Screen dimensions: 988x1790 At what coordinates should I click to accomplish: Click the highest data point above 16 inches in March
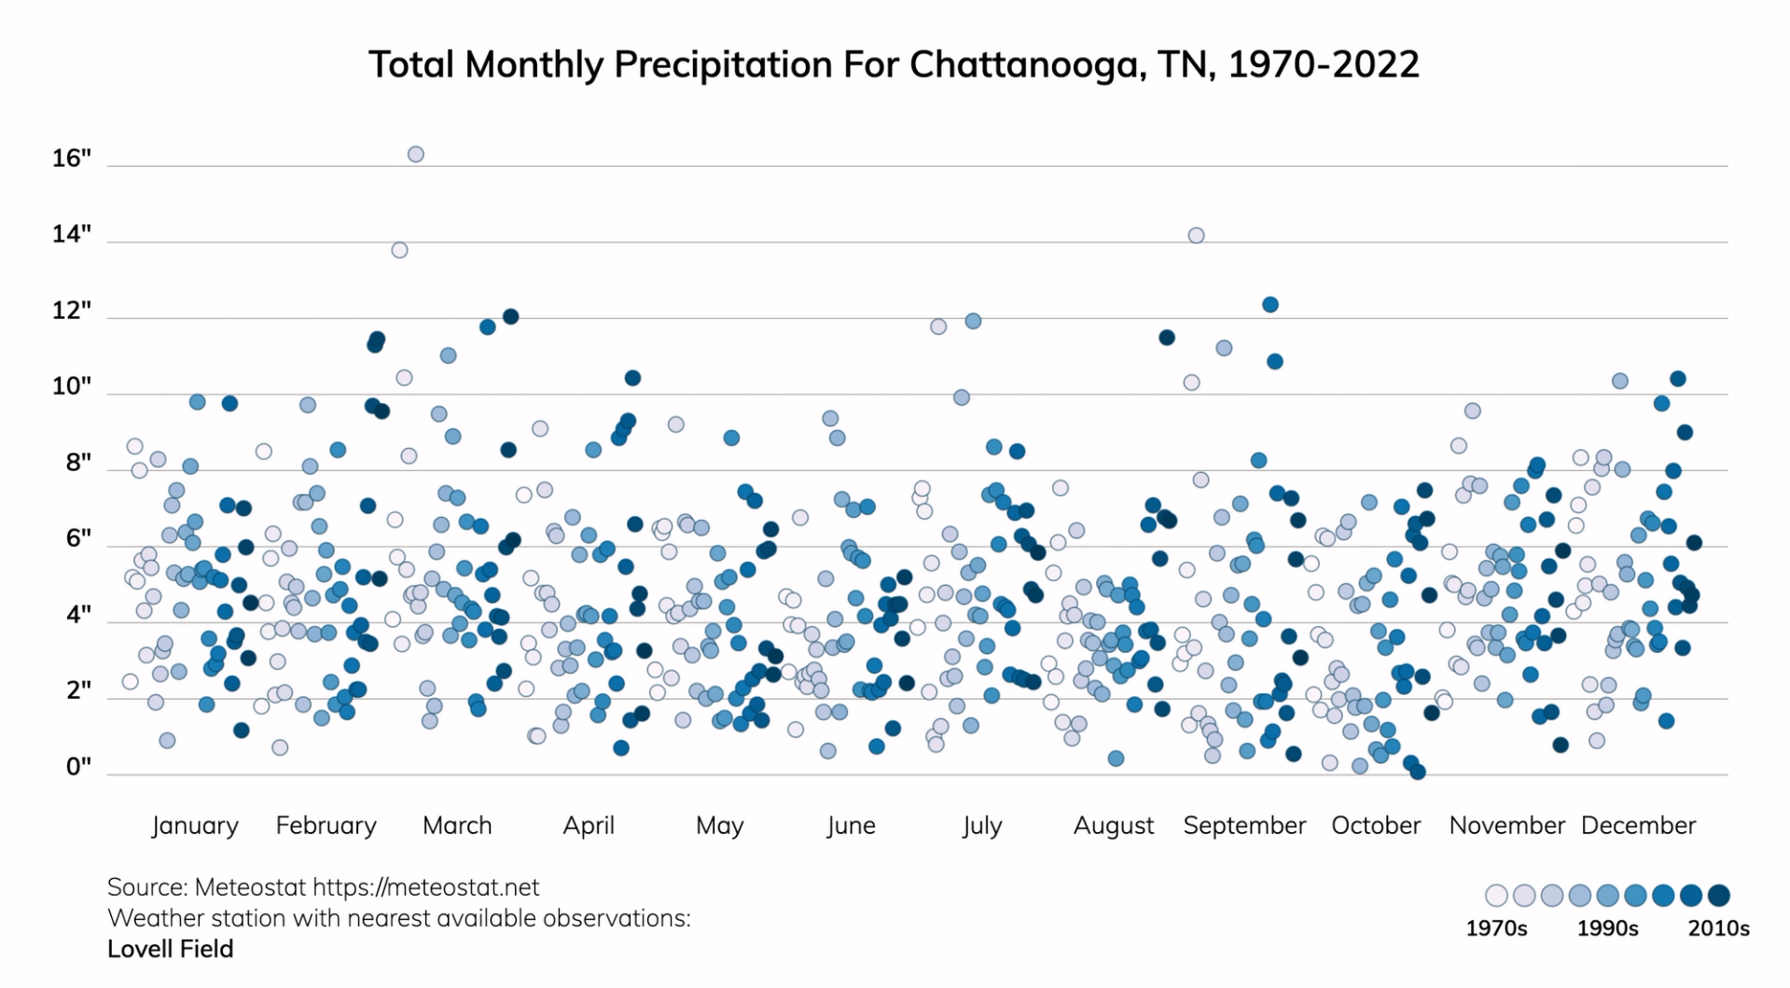416,154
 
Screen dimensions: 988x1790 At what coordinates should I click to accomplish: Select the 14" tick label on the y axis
72,234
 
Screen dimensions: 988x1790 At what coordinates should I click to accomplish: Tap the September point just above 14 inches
1196,235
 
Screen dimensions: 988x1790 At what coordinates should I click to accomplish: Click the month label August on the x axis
1113,826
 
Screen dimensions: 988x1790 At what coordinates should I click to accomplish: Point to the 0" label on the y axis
78,767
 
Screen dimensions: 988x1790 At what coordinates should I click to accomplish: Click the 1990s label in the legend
1607,928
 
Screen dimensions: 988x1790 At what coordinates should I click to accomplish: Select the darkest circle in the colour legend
1719,896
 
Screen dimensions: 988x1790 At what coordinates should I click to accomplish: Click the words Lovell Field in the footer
170,949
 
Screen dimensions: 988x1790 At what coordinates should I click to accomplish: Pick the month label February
326,826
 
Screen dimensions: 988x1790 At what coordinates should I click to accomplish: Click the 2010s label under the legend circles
1718,928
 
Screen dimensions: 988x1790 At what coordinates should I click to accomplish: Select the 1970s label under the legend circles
1496,928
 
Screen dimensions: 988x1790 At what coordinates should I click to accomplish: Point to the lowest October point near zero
1417,772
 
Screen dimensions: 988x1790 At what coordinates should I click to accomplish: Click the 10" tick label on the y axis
72,386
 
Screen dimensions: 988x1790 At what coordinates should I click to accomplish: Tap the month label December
1638,826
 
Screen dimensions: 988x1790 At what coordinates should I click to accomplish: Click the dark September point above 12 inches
1270,304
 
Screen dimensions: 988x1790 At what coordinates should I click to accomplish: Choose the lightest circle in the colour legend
1496,896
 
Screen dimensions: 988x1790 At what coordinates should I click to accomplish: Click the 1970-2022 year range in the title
1324,64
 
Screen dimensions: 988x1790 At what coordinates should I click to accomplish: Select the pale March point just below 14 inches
399,250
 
